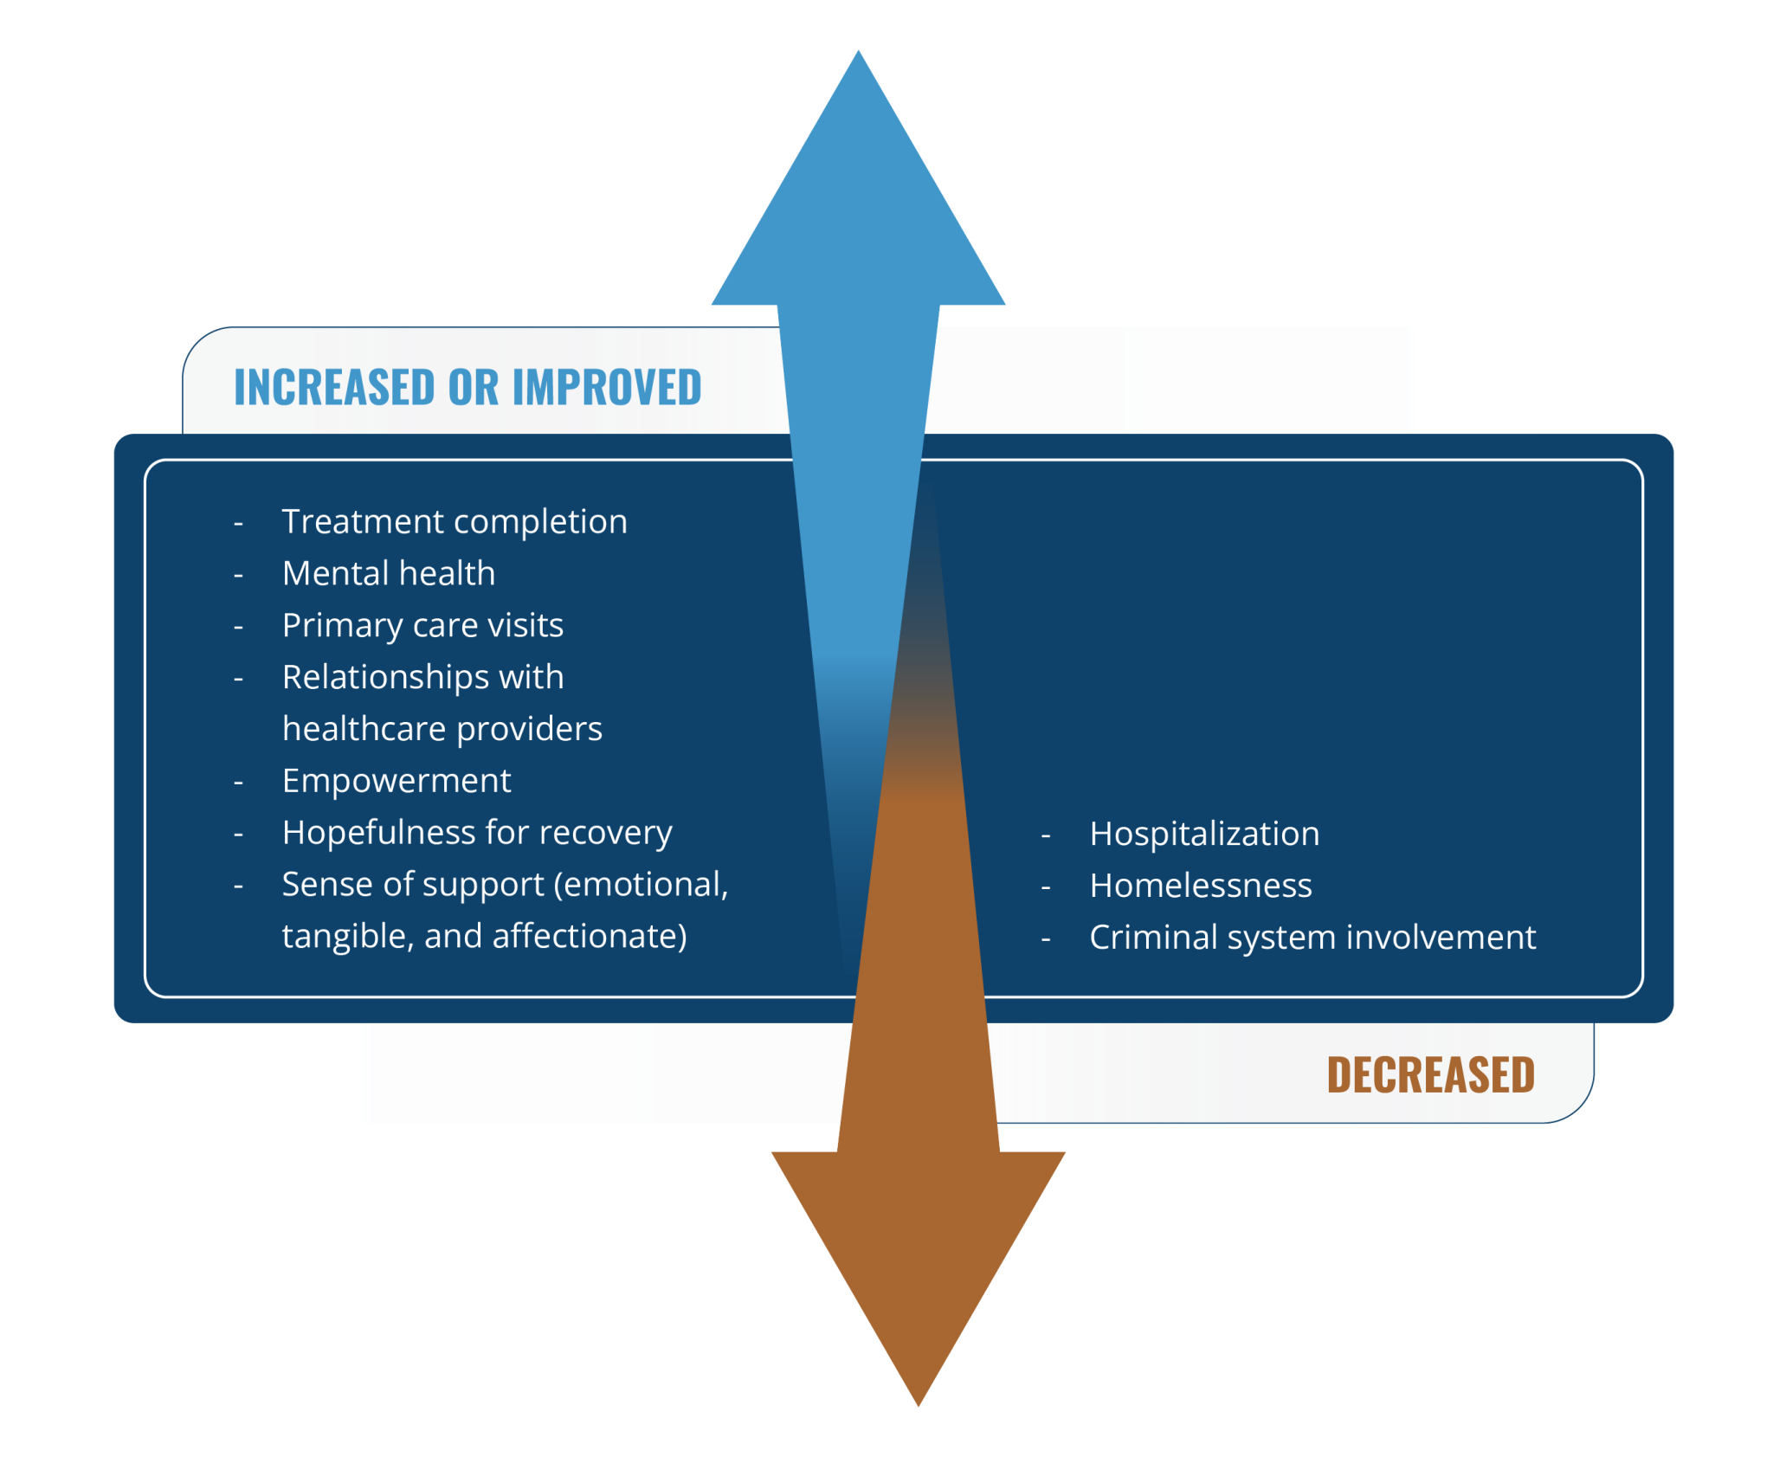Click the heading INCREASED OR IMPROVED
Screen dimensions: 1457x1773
click(467, 387)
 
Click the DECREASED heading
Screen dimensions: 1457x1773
click(1430, 1075)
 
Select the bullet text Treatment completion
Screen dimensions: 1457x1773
click(455, 522)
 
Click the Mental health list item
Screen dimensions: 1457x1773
click(389, 574)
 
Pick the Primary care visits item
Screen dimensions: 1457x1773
click(422, 626)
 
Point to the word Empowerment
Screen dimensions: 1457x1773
click(397, 781)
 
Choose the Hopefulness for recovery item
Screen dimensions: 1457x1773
click(477, 833)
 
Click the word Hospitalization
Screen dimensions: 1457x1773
click(1204, 835)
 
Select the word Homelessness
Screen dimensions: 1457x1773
click(1201, 886)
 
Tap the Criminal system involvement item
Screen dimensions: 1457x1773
click(1312, 938)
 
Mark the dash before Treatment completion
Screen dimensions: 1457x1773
click(238, 524)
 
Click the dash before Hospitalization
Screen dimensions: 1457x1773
click(1046, 836)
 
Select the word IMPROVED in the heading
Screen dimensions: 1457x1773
click(607, 387)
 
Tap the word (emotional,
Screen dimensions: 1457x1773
click(642, 885)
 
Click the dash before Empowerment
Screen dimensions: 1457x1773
click(238, 783)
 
